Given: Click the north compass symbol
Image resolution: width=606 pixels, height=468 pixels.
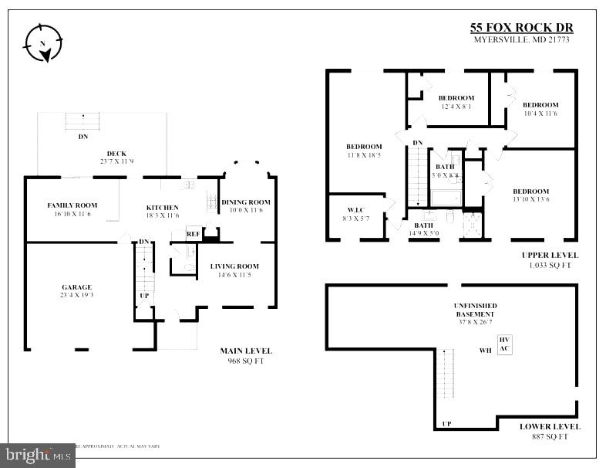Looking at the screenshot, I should click(x=42, y=42).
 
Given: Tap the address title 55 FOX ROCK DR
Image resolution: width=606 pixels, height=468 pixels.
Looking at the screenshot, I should click(x=521, y=29).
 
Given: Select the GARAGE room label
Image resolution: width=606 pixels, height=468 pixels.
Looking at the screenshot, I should click(x=76, y=287).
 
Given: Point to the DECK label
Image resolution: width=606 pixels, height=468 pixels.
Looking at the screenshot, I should click(x=116, y=153).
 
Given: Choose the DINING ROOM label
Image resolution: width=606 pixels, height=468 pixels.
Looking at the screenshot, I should click(x=246, y=202).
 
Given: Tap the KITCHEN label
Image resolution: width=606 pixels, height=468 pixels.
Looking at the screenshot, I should click(x=163, y=207).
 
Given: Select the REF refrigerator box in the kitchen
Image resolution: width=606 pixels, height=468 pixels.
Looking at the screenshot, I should click(x=193, y=233).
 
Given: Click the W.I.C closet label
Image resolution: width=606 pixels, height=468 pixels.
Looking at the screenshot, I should click(x=355, y=209).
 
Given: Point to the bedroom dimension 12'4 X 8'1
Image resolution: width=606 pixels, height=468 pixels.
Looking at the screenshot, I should click(x=456, y=107).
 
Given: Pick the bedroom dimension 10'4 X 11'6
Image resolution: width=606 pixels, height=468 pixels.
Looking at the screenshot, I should click(x=540, y=114).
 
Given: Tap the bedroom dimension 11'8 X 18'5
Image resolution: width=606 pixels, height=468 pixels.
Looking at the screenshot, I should click(x=363, y=155).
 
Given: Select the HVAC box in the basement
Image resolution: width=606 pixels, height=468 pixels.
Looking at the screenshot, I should click(x=505, y=344).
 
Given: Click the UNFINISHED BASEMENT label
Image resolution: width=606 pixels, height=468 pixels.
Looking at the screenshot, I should click(x=475, y=310).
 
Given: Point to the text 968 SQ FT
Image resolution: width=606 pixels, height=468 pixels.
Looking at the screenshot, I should click(x=246, y=361).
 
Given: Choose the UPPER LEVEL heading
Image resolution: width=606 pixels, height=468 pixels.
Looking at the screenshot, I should click(x=549, y=255).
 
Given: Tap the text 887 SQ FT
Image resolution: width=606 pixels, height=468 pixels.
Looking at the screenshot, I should click(x=549, y=436).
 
